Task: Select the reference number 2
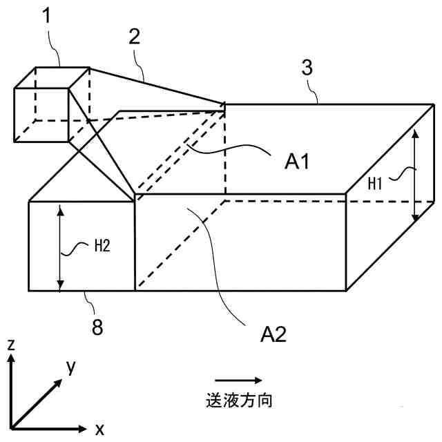[134, 37]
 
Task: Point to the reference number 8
[97, 327]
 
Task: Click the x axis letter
[99, 429]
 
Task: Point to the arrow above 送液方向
[238, 379]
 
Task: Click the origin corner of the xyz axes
[12, 426]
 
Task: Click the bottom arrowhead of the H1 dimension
[415, 218]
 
